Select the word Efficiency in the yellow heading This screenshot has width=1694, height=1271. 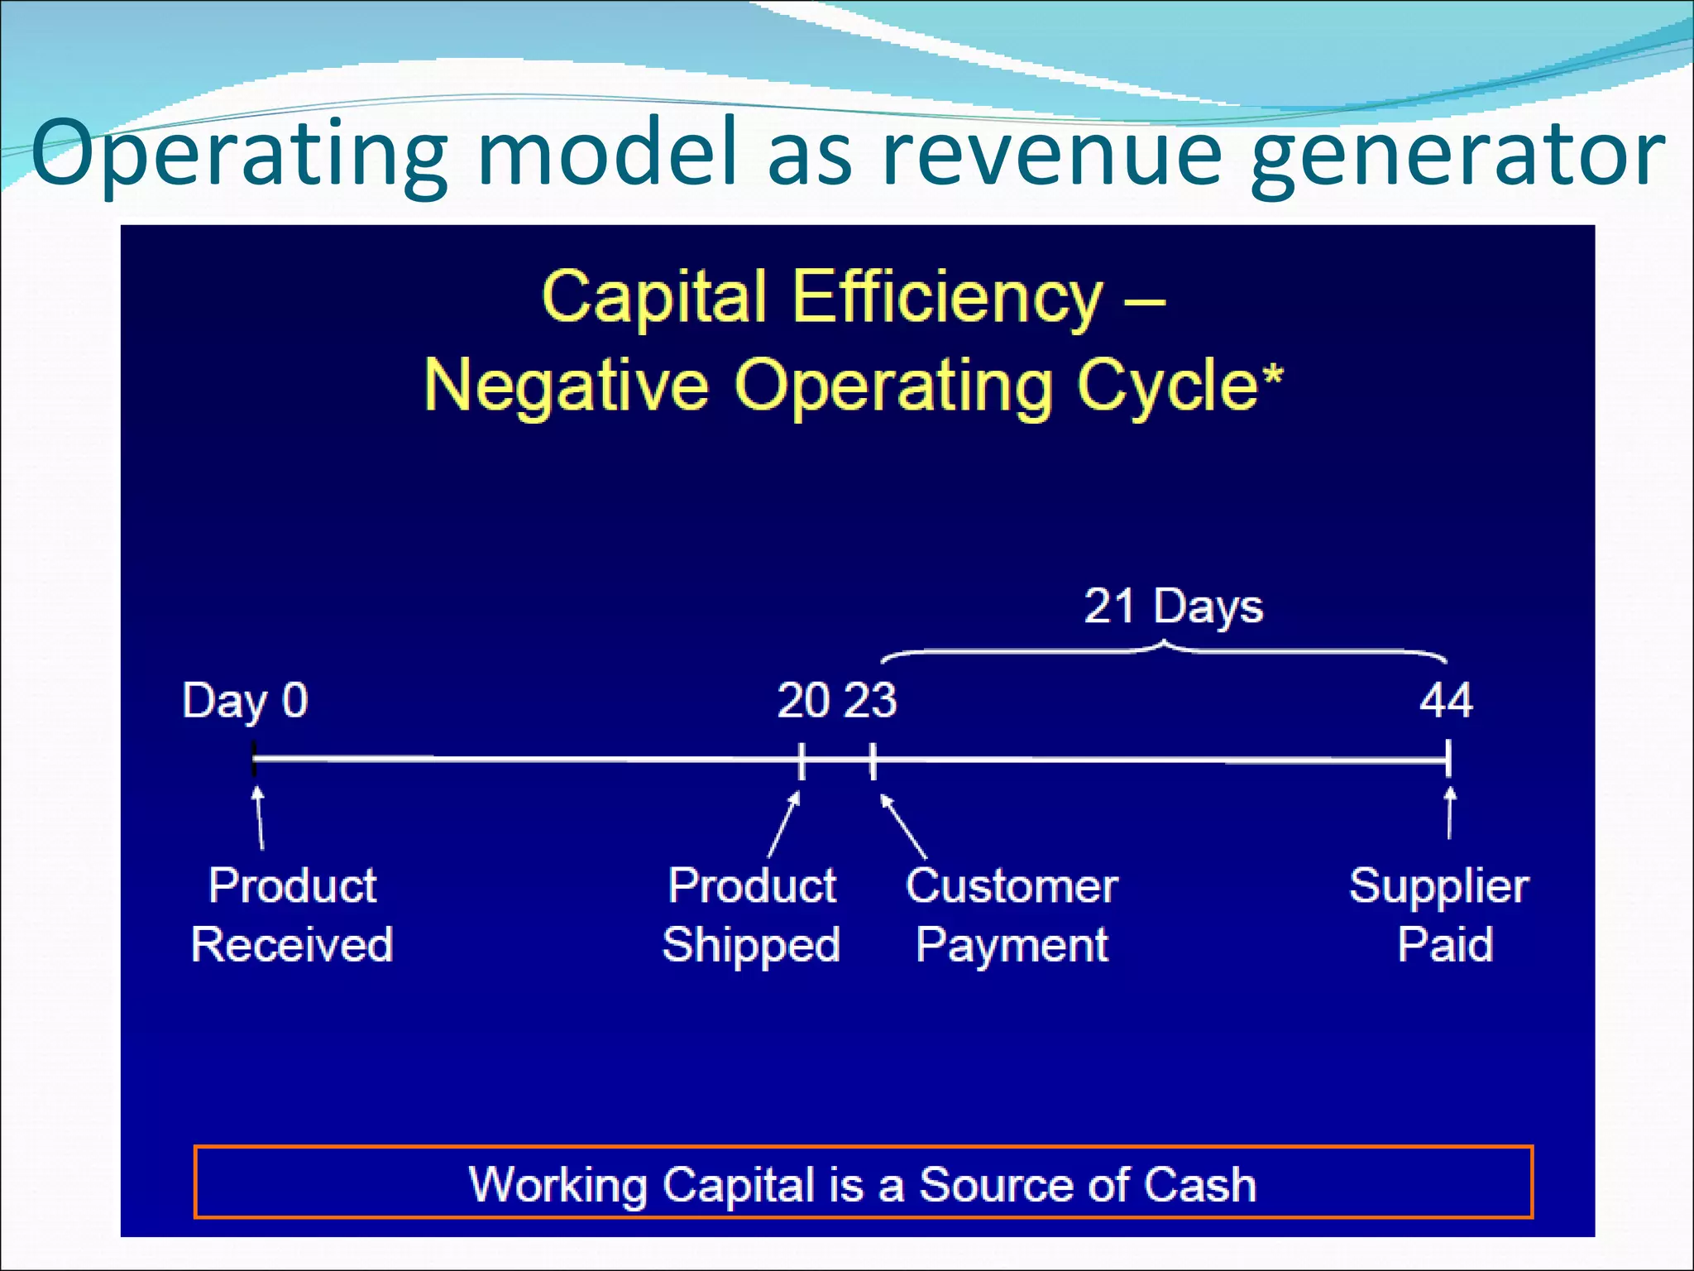tap(947, 298)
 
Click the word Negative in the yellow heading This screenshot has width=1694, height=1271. tap(567, 386)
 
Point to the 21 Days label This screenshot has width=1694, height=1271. tap(1173, 607)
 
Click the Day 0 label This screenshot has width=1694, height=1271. tap(245, 702)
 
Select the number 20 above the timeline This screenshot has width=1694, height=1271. tap(803, 701)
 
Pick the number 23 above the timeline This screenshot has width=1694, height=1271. tap(870, 701)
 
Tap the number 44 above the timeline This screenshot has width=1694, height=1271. tap(1446, 701)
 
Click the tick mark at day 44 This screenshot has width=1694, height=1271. tap(1448, 758)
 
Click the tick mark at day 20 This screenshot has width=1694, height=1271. tap(802, 760)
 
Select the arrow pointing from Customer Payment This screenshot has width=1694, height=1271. tap(903, 826)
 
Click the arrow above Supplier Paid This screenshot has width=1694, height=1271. tap(1449, 813)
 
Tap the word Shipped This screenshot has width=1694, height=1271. tap(751, 945)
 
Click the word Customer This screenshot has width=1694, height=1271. tap(1011, 886)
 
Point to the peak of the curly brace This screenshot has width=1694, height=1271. tap(1165, 644)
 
